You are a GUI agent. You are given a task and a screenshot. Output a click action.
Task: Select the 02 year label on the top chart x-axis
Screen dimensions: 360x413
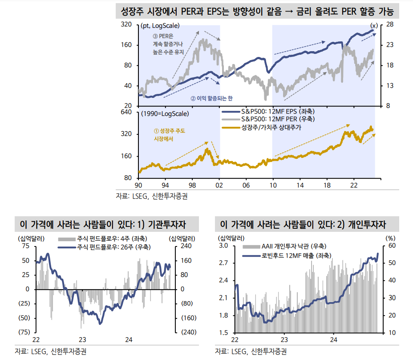pos(219,184)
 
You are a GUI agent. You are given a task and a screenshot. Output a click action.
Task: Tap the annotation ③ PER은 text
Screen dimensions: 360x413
pos(163,36)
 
